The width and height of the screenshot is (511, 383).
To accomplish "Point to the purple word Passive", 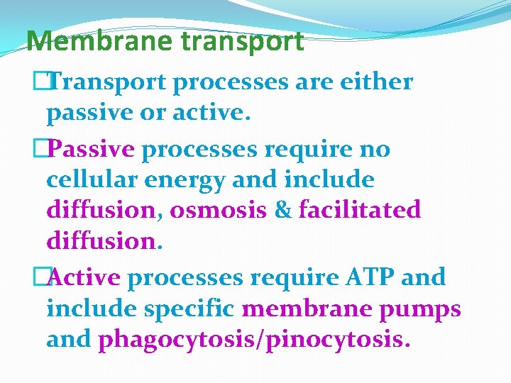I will [94, 150].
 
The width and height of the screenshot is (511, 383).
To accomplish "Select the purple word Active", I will [86, 277].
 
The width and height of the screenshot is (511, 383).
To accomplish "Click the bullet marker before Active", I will [47, 277].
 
